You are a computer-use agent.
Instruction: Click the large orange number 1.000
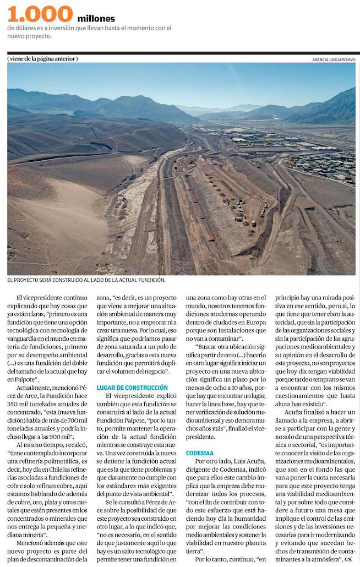coord(40,14)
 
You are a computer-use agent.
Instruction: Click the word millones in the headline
coord(96,19)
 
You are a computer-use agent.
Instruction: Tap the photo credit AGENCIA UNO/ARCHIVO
coord(334,59)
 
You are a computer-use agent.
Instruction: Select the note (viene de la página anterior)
coord(43,59)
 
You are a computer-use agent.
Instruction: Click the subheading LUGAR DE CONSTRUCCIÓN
coord(132,388)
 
